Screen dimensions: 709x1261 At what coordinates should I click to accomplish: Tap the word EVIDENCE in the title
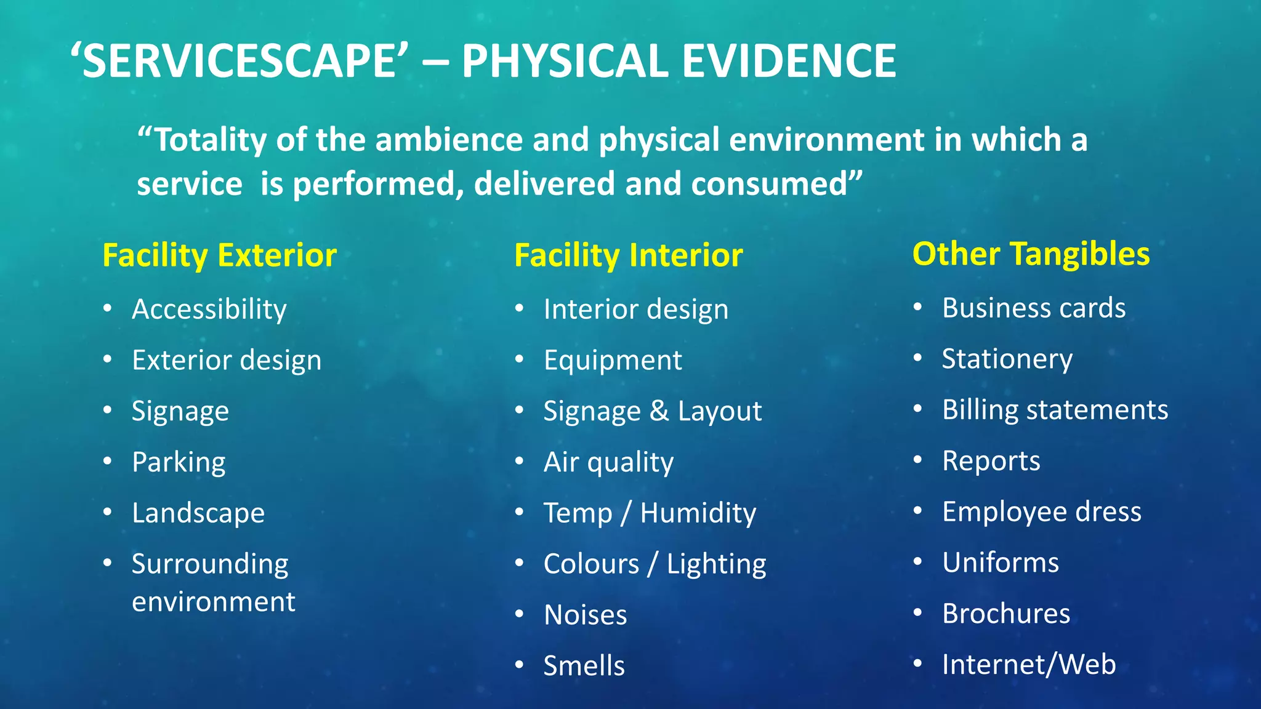pos(788,62)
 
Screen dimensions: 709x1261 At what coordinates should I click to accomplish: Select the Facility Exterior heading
pos(219,255)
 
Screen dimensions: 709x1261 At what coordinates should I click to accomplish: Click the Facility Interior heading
pos(628,255)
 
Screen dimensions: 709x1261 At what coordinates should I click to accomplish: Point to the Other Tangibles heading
pos(1031,254)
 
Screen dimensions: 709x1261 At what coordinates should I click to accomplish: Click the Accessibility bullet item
pos(209,309)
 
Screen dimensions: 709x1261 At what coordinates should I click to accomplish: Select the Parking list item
pos(179,462)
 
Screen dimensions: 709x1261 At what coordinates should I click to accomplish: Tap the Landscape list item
pos(198,513)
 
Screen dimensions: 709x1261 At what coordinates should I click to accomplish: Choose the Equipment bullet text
pos(613,360)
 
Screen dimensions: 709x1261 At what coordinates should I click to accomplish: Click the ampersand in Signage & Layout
pos(659,411)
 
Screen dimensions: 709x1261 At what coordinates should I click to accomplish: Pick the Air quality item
pos(608,462)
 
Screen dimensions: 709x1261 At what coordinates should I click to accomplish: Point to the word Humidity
pos(698,513)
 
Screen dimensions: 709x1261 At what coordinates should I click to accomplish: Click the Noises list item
pos(585,615)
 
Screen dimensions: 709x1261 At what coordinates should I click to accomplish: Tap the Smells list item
pos(584,666)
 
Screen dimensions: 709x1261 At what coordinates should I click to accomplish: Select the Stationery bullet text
pos(1007,359)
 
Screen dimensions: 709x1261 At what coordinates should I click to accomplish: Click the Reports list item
pos(991,461)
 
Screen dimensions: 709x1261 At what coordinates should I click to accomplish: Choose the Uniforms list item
pos(1001,563)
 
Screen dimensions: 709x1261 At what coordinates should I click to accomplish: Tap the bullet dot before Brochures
pos(917,613)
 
